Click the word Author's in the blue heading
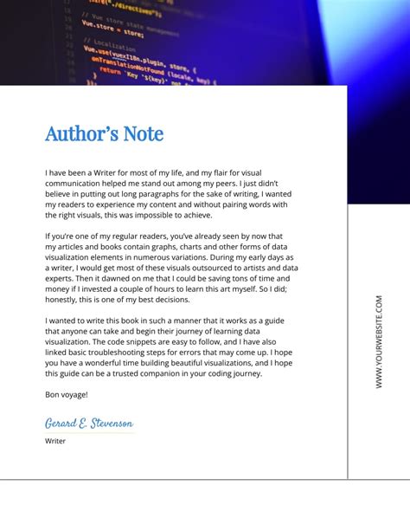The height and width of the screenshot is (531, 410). click(x=80, y=134)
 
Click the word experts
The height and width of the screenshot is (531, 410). click(x=60, y=279)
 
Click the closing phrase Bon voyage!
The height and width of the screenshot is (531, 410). click(x=67, y=395)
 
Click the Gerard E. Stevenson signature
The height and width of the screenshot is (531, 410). click(x=89, y=423)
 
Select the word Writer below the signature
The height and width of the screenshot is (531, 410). click(x=55, y=441)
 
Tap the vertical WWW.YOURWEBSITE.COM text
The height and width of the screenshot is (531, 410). click(x=379, y=341)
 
